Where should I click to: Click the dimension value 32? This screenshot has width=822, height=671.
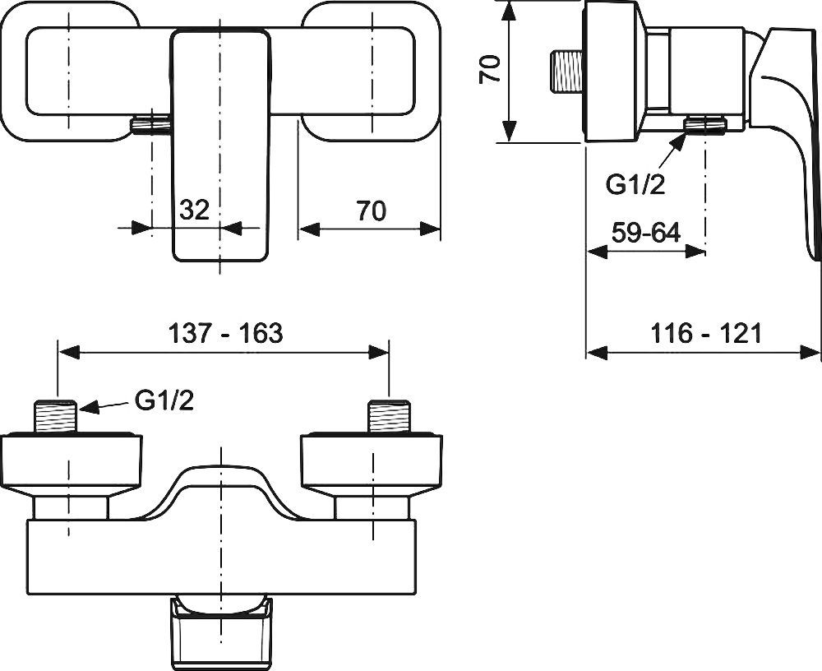(x=194, y=211)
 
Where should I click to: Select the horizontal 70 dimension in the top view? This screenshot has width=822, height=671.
(x=372, y=211)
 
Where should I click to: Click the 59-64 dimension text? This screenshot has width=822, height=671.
(x=646, y=233)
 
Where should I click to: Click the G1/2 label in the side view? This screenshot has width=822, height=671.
(x=635, y=185)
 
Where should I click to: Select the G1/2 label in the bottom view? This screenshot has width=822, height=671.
(x=164, y=402)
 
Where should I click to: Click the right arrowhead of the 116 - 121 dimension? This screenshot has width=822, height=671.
(x=814, y=354)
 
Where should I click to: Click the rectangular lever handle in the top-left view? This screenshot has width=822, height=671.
(x=220, y=148)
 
